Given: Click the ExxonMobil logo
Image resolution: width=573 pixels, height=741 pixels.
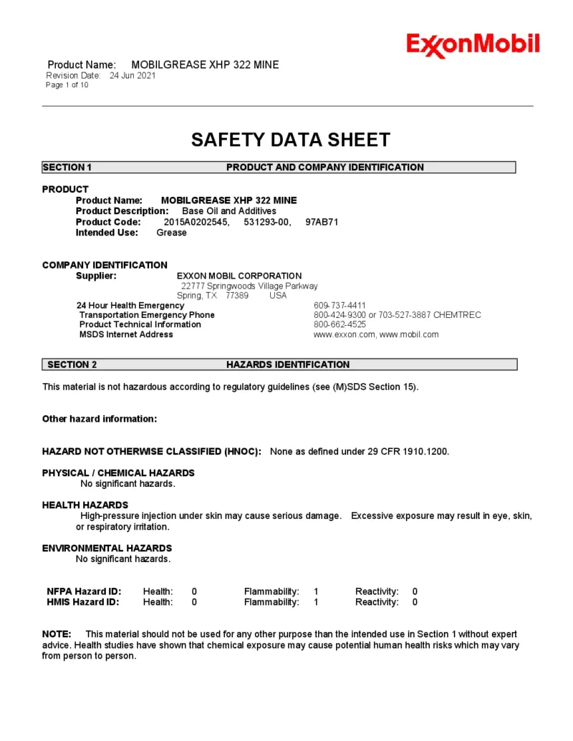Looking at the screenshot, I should pos(473,45).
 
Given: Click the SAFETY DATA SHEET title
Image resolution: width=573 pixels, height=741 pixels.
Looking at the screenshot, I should pos(290,140).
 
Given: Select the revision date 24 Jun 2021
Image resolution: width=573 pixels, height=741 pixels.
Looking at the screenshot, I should pos(133,75).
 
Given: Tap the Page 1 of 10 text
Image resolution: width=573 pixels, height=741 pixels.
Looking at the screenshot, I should pos(67,85).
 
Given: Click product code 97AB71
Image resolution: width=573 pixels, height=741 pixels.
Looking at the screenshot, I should pos(322,222).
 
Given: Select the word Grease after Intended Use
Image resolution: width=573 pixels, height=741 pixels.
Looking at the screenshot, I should pos(171,233).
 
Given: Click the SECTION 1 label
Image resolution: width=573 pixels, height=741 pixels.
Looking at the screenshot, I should pos(67,168).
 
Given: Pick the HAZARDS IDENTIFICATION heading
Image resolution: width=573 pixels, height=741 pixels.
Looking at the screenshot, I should pos(288,364).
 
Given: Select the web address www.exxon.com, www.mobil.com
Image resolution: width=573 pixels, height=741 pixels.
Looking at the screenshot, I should pos(376,334).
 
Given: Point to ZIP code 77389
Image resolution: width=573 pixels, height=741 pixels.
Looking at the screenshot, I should pos(237,295).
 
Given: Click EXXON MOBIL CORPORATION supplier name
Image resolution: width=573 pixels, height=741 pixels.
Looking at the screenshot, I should pos(239,276).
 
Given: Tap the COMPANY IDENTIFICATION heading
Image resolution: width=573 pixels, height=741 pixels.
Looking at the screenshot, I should pos(105,265).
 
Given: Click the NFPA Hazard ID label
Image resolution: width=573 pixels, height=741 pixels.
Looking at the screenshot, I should pos(84,591).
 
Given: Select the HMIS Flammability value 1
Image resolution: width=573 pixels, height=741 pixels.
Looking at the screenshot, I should pos(316,602).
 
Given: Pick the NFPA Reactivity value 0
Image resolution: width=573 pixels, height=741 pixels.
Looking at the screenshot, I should pos(415,591).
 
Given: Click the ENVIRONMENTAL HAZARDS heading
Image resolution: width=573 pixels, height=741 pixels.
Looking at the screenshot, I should pos(107,548).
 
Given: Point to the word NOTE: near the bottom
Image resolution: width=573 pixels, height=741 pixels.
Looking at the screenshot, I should pos(57,634).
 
